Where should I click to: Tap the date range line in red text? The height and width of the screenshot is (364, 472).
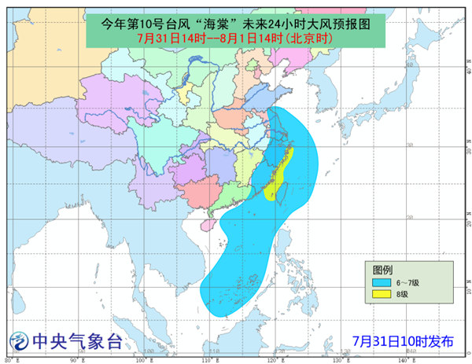(236, 38)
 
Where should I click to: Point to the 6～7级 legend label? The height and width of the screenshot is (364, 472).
(407, 281)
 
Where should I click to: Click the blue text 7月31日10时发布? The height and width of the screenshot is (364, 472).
(403, 341)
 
